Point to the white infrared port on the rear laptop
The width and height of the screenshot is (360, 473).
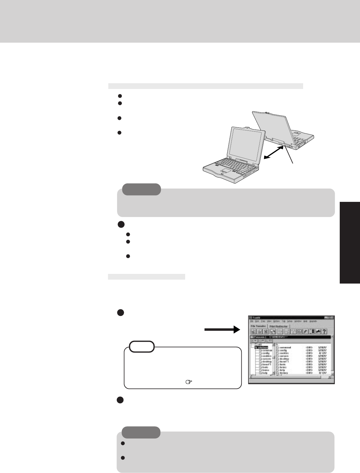pyautogui.click(x=285, y=146)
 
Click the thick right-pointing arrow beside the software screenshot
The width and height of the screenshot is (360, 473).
pyautogui.click(x=219, y=331)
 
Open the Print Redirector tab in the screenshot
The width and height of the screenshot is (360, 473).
pyautogui.click(x=278, y=326)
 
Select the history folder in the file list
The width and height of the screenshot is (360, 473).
pyautogui.click(x=283, y=373)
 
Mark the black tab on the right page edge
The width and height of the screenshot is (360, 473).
pyautogui.click(x=350, y=242)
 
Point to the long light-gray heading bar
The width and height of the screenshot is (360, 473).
pyautogui.click(x=205, y=86)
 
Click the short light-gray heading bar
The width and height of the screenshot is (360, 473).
pyautogui.click(x=146, y=277)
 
